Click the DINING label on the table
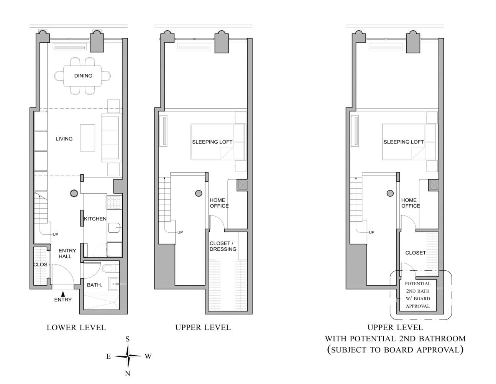click(83, 76)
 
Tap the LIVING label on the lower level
click(64, 139)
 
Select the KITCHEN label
click(95, 219)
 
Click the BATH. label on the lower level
click(94, 285)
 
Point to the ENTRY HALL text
click(67, 253)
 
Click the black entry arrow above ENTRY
click(63, 293)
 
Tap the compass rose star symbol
click(128, 356)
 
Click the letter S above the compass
click(128, 339)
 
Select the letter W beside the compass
click(148, 356)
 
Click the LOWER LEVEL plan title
click(76, 328)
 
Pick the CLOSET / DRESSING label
click(223, 246)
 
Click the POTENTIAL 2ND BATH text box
click(418, 295)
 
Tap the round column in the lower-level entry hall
click(74, 194)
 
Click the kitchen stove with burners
click(114, 202)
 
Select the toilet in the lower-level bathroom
click(109, 268)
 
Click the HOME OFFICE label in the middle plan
click(219, 203)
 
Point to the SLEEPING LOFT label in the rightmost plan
click(404, 142)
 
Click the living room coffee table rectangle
click(87, 138)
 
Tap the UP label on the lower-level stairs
click(55, 234)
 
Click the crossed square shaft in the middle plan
click(243, 186)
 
